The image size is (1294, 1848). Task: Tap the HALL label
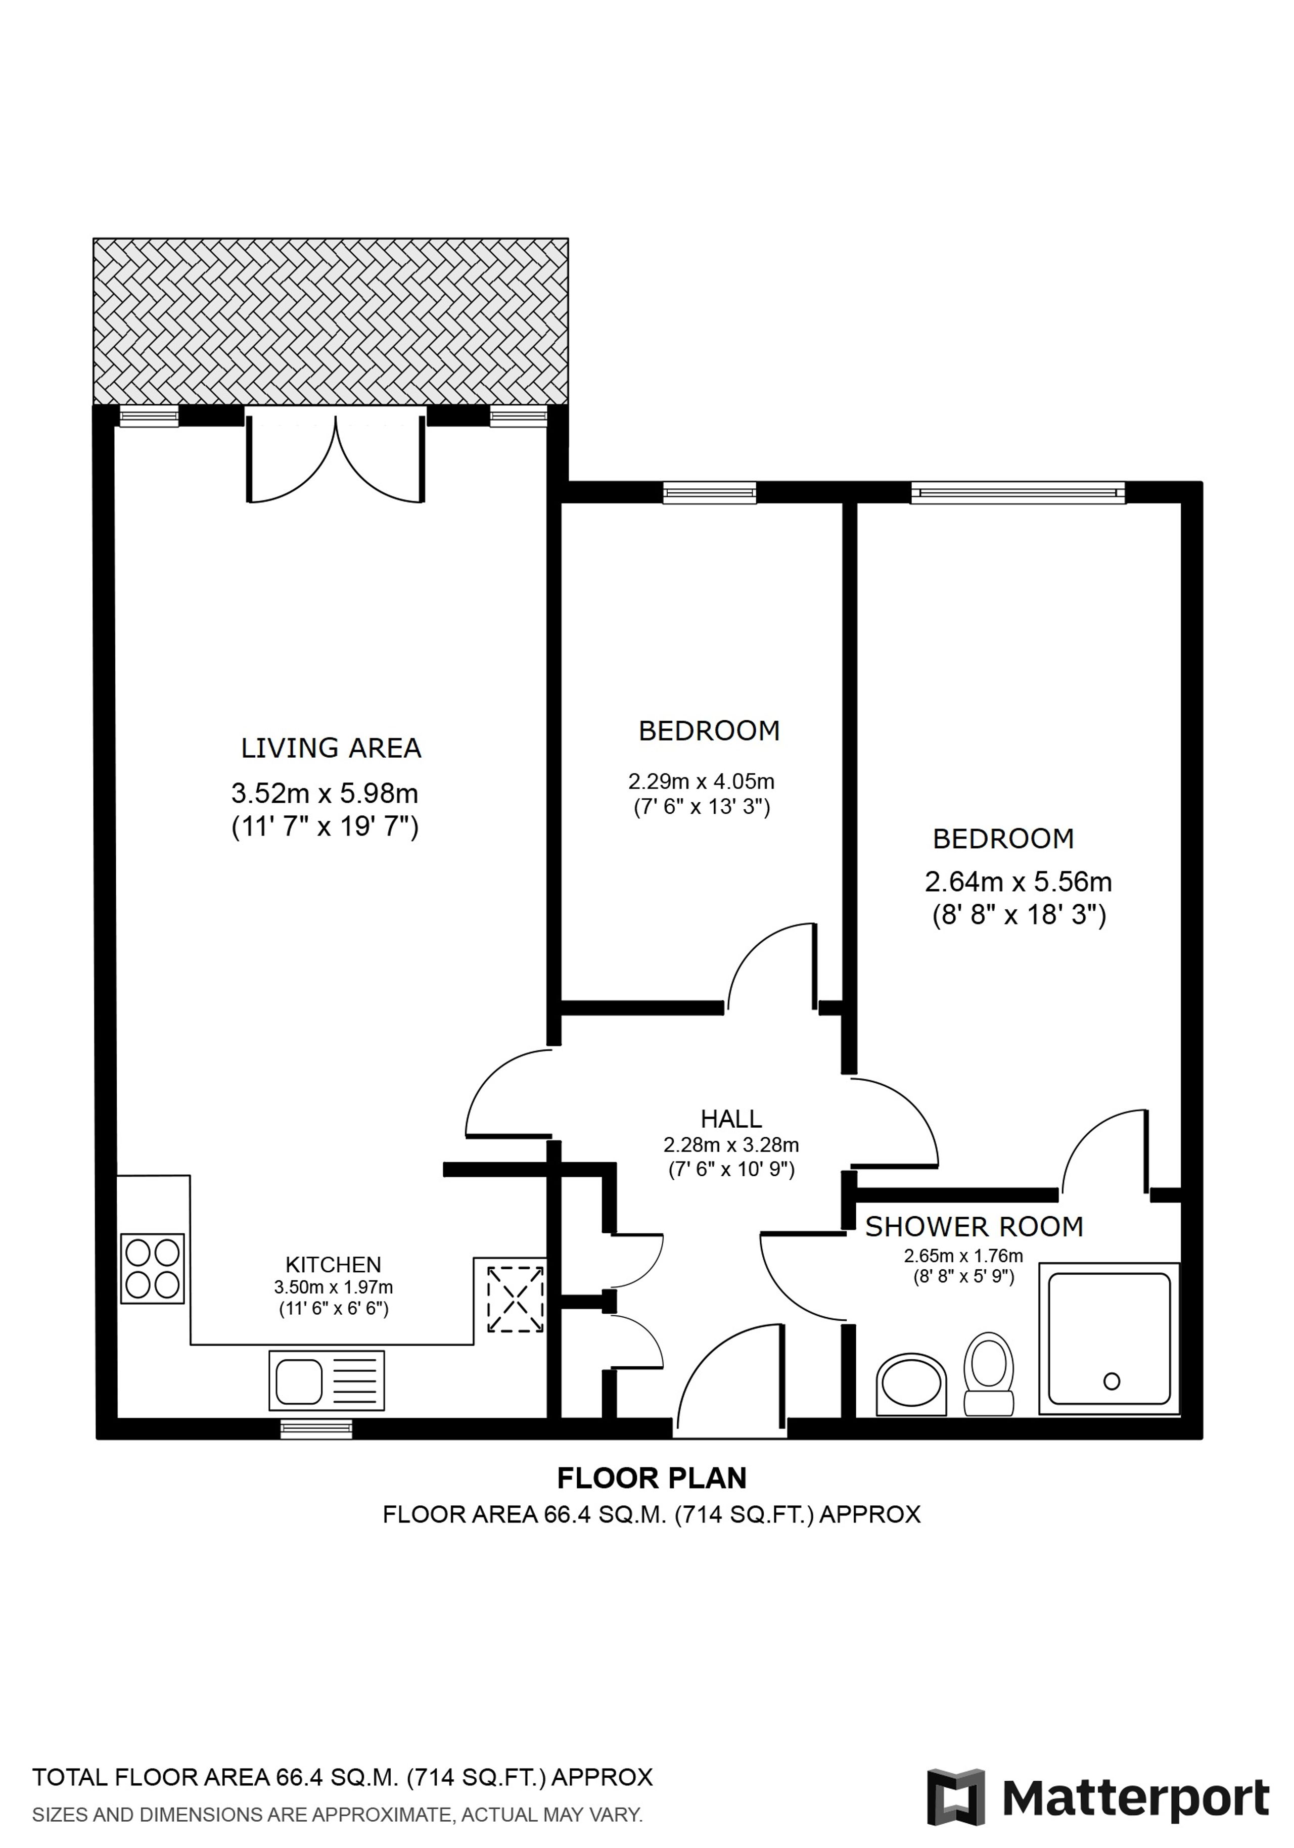731,1119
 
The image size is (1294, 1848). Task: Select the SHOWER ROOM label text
974,1227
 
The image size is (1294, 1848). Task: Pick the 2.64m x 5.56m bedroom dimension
1018,882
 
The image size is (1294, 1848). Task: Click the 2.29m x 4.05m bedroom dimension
701,781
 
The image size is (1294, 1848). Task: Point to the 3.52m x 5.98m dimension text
325,794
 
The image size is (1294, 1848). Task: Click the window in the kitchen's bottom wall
316,1428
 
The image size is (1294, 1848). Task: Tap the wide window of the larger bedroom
1017,493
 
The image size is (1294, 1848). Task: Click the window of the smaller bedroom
709,493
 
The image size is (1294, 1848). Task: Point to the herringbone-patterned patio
331,321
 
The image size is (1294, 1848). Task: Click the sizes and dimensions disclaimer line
337,1815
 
